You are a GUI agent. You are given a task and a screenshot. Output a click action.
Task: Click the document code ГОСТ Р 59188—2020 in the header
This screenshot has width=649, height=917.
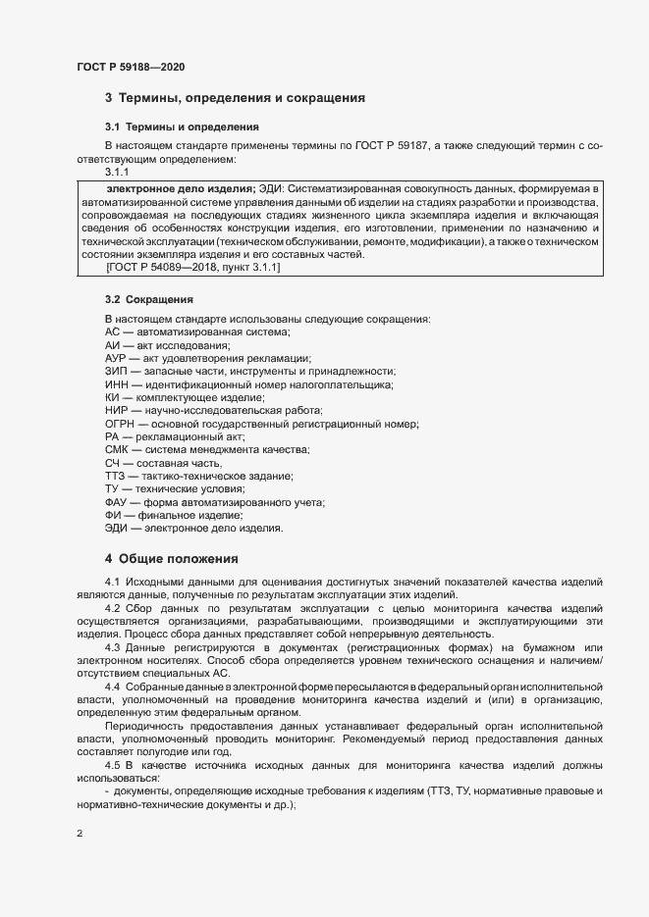tap(131, 67)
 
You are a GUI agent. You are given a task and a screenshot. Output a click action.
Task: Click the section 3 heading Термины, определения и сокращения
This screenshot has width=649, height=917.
tap(236, 98)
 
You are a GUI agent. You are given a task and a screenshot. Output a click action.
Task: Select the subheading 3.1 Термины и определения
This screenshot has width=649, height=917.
tap(182, 127)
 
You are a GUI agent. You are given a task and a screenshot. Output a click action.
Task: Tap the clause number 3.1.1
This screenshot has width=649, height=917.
tap(118, 172)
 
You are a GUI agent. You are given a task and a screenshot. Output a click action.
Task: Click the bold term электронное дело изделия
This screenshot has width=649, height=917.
tap(180, 187)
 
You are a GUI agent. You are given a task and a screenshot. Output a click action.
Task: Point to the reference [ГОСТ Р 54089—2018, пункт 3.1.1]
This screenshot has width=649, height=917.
tap(192, 268)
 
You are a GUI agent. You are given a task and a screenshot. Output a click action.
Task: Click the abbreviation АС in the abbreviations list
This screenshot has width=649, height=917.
tap(112, 333)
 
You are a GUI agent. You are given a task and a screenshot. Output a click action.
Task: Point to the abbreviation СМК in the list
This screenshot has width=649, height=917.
tap(117, 449)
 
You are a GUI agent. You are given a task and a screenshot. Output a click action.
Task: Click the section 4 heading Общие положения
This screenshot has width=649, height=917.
tap(172, 559)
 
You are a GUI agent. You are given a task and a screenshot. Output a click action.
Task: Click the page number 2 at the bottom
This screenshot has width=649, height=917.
tap(80, 834)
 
